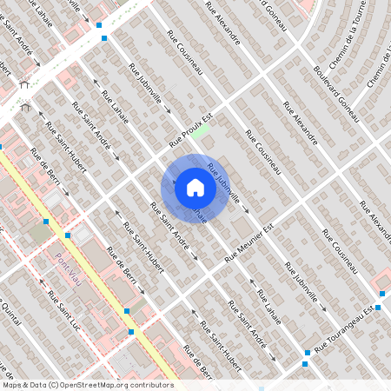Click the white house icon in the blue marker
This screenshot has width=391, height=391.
tap(195, 187)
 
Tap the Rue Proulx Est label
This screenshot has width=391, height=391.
tap(190, 129)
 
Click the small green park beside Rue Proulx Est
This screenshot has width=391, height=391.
tap(201, 132)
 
